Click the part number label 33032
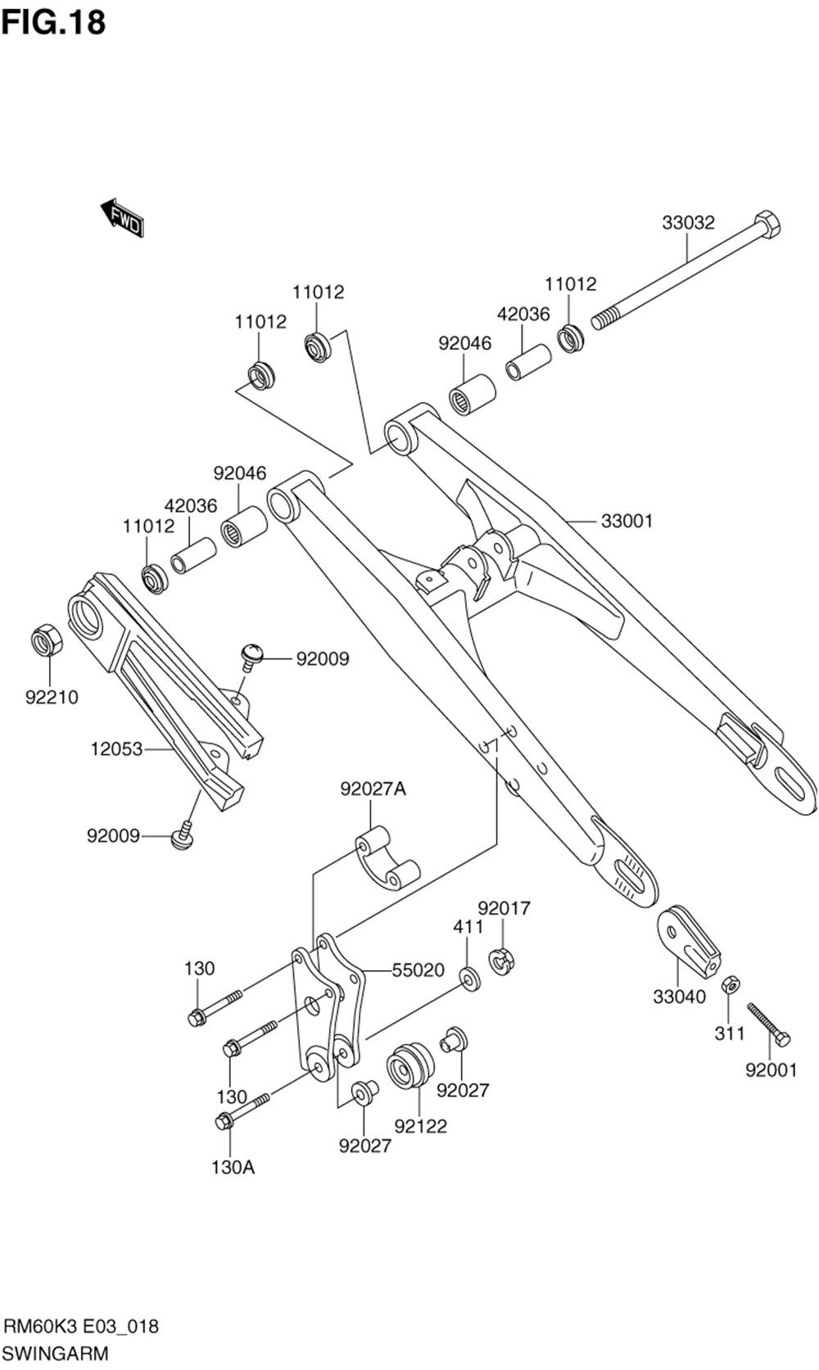tap(688, 223)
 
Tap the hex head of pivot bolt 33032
tap(766, 225)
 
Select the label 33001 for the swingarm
tap(627, 521)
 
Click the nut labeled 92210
tap(46, 640)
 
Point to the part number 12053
tap(116, 748)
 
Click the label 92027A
tap(373, 789)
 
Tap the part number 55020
tap(418, 970)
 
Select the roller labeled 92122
tap(410, 1066)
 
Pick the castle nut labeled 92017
tap(501, 960)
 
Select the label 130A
tap(233, 1168)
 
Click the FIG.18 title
tap(54, 23)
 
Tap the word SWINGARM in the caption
tap(56, 1353)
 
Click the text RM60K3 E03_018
tap(82, 1326)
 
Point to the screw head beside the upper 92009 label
tap(251, 653)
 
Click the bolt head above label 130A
tap(223, 1121)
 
